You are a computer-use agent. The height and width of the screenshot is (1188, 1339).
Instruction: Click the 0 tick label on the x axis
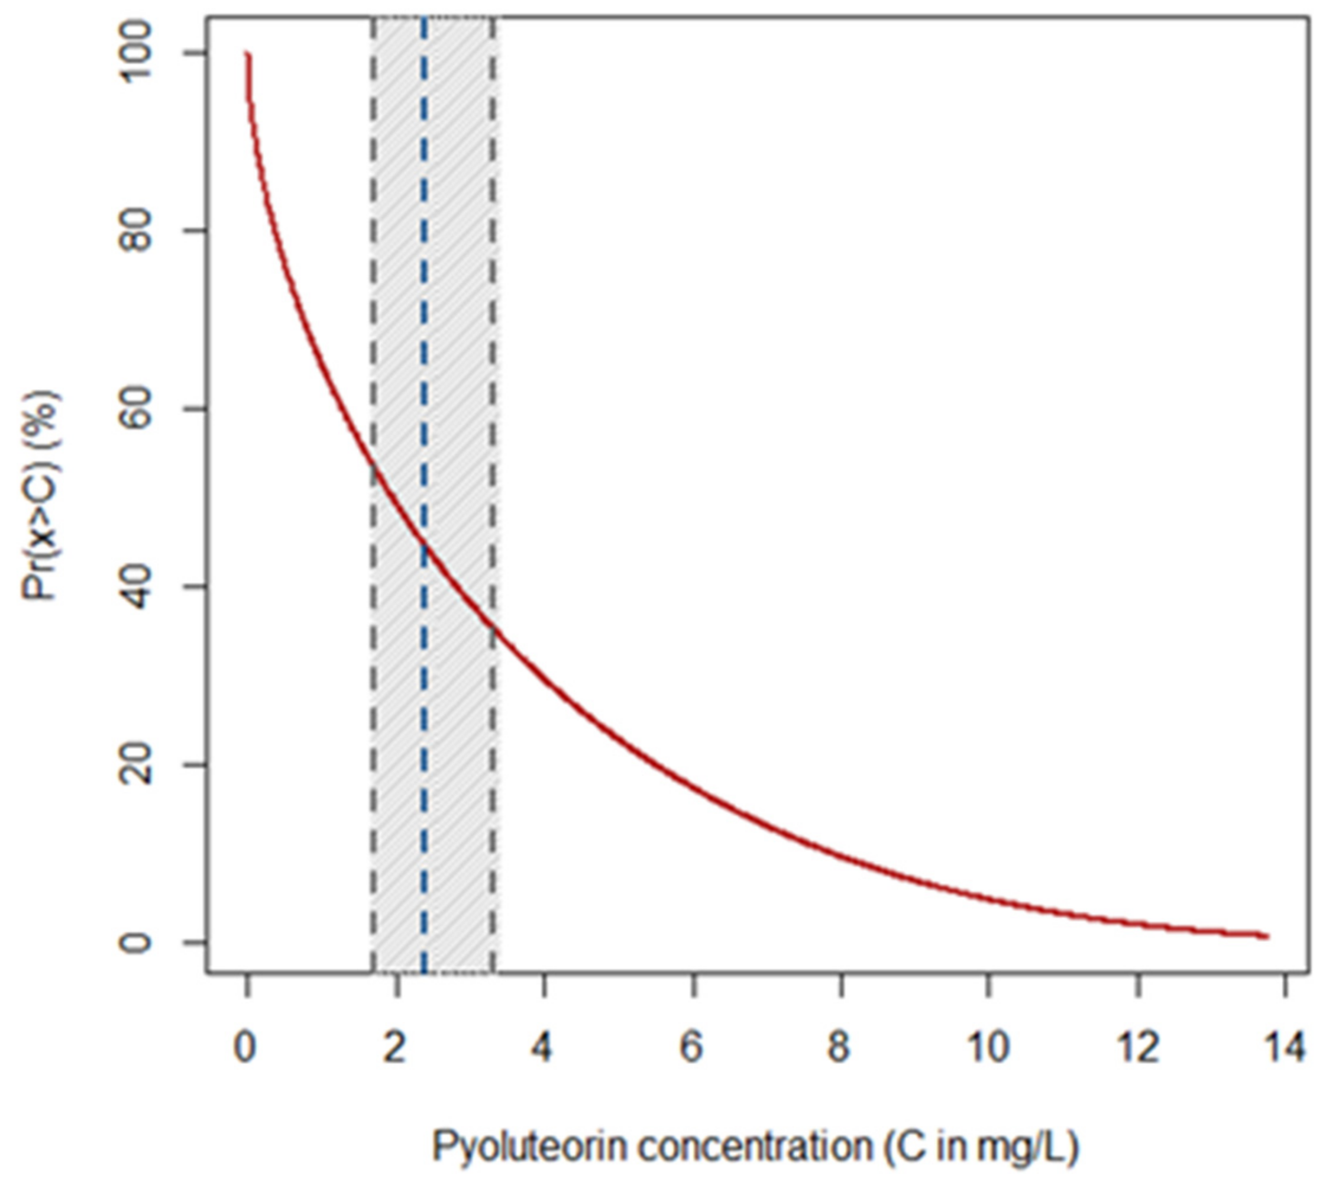coord(244,1048)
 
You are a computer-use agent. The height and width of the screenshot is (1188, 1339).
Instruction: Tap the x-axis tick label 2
coord(394,1048)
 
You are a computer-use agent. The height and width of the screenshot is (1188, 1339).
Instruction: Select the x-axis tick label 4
coord(542,1048)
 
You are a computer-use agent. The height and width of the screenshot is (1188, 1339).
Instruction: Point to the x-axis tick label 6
coord(692,1048)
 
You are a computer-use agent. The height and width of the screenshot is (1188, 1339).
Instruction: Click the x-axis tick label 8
coord(840,1048)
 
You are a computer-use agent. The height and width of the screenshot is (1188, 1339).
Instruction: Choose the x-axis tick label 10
coord(988,1048)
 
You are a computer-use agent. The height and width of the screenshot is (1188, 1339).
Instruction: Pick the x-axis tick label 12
coord(1139,1048)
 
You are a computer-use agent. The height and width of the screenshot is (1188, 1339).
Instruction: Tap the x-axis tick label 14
coord(1285,1048)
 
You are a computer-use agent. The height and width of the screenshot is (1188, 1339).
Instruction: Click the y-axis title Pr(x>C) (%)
coord(41,495)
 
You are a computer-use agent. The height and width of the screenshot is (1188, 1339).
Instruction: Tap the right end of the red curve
coord(1267,937)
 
